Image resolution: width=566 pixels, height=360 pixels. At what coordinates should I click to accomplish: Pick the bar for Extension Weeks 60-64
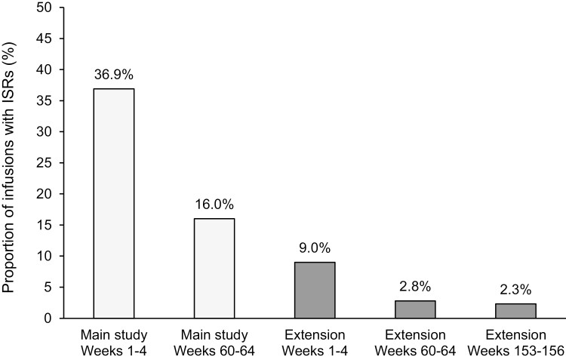point(414,309)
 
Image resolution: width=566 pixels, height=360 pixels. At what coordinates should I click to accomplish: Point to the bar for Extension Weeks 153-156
point(515,311)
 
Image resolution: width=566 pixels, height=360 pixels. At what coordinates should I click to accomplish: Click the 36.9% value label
point(113,75)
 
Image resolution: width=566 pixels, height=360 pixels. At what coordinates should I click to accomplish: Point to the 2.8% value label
point(414,288)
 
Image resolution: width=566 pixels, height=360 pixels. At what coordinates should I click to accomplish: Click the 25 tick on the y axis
point(48,163)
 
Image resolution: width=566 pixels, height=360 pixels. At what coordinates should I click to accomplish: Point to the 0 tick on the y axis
point(51,318)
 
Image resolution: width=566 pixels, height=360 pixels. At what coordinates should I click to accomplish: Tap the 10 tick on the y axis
point(48,256)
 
